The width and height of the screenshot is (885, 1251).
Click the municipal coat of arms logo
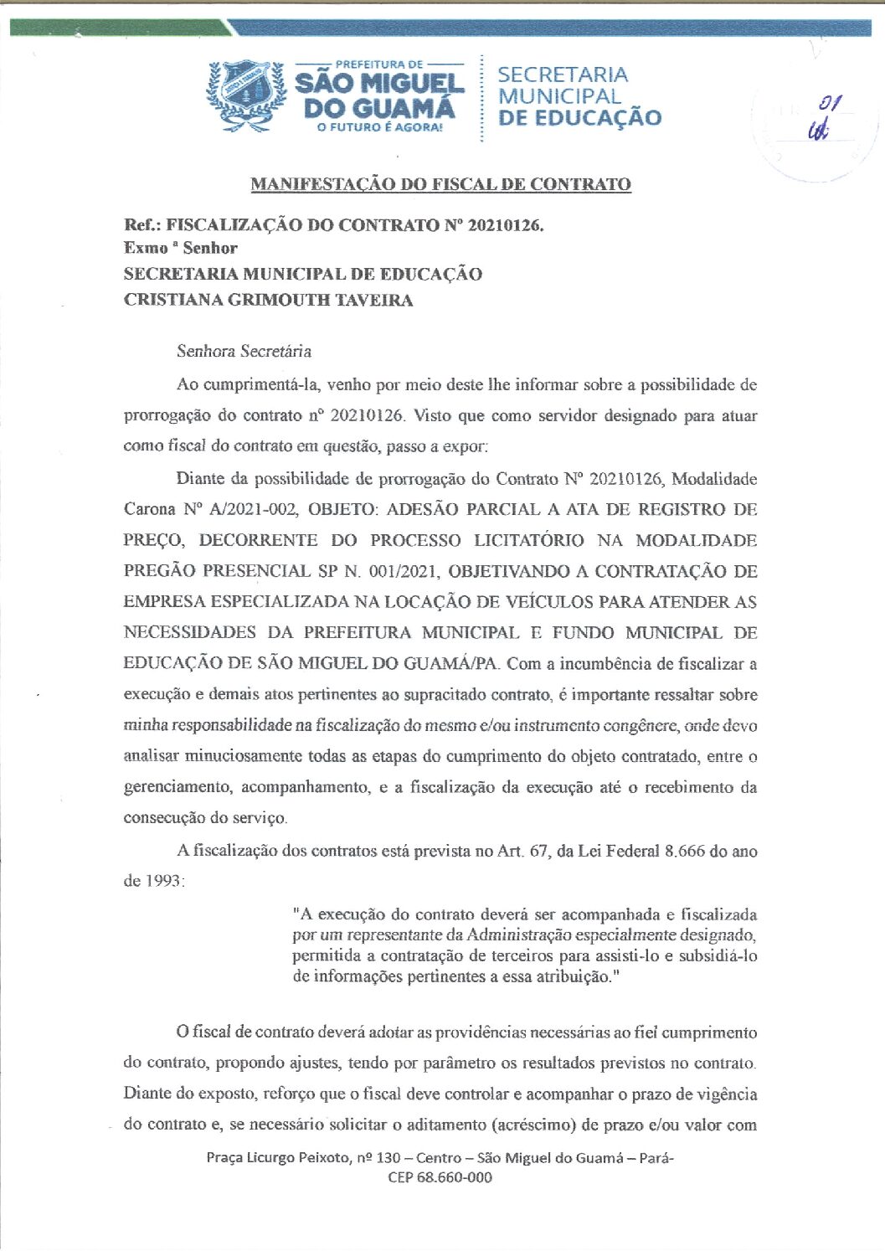(247, 95)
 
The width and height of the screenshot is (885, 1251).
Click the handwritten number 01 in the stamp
(830, 104)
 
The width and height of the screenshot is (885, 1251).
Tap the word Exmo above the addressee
(146, 248)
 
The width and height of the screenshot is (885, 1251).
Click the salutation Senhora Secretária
(244, 351)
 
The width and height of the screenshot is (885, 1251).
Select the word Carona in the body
(150, 509)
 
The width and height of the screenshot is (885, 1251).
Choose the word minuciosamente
(243, 756)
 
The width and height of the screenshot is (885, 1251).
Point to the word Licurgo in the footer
(275, 1158)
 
